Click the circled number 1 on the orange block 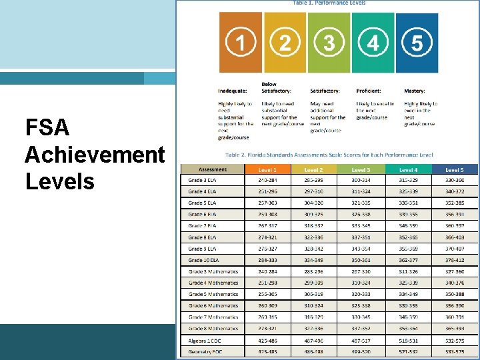[240, 43]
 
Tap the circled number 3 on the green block [329, 43]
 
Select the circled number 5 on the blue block [417, 43]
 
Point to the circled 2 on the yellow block [285, 43]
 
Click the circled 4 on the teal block [373, 43]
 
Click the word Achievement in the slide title [94, 155]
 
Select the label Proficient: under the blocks [369, 91]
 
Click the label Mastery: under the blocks [415, 91]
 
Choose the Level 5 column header [455, 170]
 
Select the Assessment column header [213, 169]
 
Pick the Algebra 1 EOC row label [205, 340]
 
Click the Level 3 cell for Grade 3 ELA [361, 180]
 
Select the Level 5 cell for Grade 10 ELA [455, 260]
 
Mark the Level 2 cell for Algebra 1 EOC [313, 340]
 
